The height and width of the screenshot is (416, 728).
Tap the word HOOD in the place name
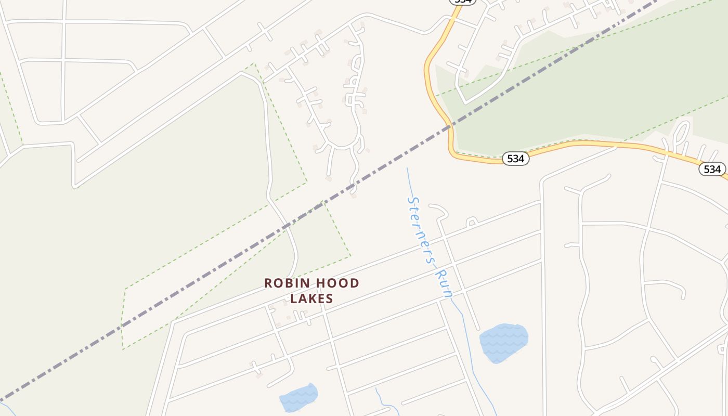(338, 283)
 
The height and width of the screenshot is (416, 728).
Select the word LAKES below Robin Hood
(311, 299)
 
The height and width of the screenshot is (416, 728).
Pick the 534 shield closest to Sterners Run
(515, 159)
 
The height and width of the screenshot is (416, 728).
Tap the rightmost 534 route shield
(712, 169)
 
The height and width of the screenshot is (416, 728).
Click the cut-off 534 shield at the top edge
(462, 2)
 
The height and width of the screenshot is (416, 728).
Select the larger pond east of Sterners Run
(503, 342)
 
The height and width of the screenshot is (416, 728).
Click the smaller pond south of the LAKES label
(298, 398)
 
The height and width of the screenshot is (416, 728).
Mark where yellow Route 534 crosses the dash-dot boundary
(449, 126)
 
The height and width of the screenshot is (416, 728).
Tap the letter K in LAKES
(313, 299)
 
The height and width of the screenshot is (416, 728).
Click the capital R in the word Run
(440, 275)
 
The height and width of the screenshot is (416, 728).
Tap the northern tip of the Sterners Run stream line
(407, 168)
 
